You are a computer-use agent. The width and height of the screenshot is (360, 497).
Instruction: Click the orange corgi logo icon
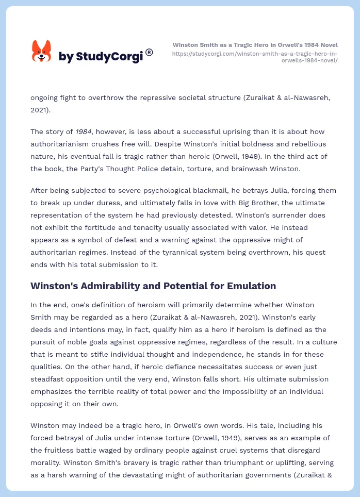click(42, 52)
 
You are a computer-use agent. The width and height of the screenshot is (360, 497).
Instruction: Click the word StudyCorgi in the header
click(109, 56)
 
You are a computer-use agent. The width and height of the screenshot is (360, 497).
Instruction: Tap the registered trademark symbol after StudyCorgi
click(149, 52)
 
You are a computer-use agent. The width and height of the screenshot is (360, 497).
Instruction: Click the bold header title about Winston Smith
click(255, 45)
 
